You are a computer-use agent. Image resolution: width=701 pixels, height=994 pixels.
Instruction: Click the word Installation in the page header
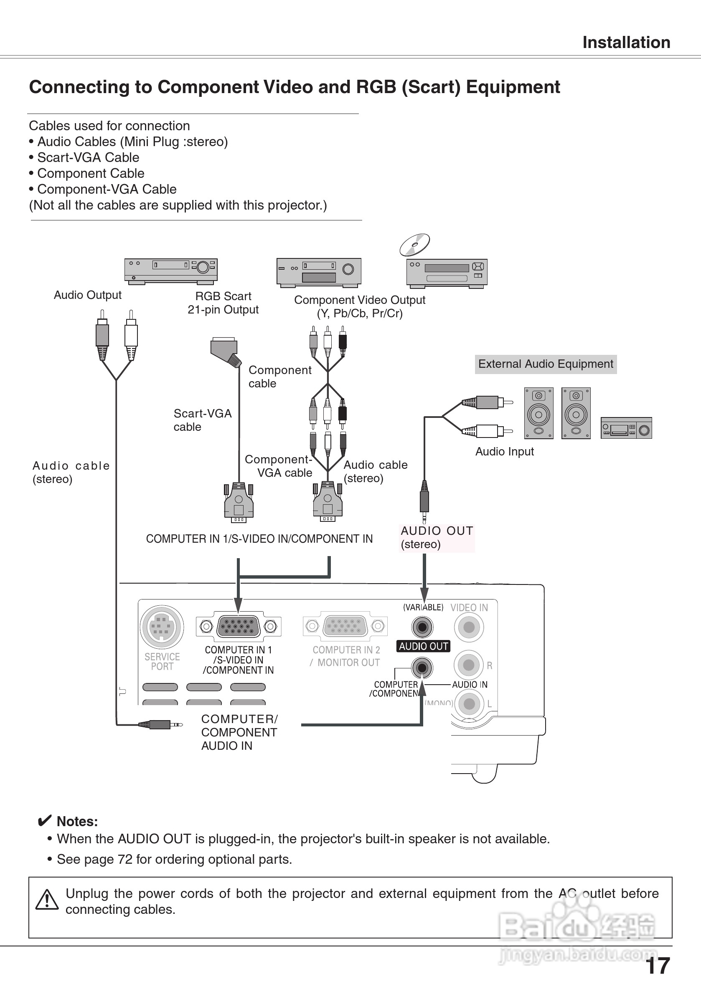point(626,43)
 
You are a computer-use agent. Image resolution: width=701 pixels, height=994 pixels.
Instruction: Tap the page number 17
point(657,966)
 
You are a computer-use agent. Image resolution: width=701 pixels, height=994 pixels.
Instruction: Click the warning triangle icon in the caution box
point(47,900)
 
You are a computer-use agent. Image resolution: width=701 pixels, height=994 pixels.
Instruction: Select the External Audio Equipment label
point(546,364)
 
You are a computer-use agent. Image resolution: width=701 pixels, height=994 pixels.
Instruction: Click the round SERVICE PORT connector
point(162,627)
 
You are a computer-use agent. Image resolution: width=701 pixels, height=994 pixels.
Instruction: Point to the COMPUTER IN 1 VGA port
point(238,626)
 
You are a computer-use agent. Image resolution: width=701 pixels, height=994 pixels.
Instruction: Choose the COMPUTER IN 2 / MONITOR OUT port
point(345,626)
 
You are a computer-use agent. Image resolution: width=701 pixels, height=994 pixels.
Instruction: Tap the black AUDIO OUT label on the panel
point(423,646)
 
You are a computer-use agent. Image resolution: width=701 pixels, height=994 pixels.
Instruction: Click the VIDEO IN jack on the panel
point(469,627)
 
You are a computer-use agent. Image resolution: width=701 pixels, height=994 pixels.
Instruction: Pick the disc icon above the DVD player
point(414,245)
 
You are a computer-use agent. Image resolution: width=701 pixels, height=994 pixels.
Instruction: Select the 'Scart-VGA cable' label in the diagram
point(202,420)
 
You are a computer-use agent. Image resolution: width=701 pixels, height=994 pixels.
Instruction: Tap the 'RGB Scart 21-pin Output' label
point(223,303)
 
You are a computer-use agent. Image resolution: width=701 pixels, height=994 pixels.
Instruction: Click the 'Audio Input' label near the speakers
point(504,452)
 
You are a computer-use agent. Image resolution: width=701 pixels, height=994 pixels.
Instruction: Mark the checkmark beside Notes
point(44,821)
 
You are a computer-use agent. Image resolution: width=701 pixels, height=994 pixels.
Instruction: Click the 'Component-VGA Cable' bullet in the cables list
point(107,189)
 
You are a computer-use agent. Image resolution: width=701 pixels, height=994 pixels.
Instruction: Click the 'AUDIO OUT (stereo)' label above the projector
point(436,537)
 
